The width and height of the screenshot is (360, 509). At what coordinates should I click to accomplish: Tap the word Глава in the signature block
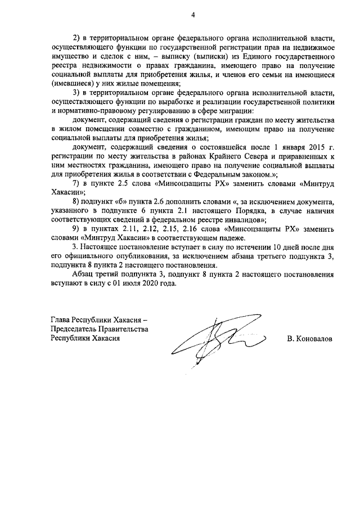click(x=61, y=319)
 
